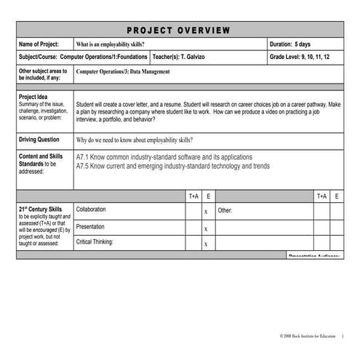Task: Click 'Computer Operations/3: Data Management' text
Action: [122, 72]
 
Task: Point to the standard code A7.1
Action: [84, 157]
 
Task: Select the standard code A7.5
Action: [84, 166]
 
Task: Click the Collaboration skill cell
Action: [91, 209]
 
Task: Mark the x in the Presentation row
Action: [207, 228]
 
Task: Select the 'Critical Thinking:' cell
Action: [95, 242]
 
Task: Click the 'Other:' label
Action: [225, 210]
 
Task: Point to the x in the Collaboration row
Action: [207, 212]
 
